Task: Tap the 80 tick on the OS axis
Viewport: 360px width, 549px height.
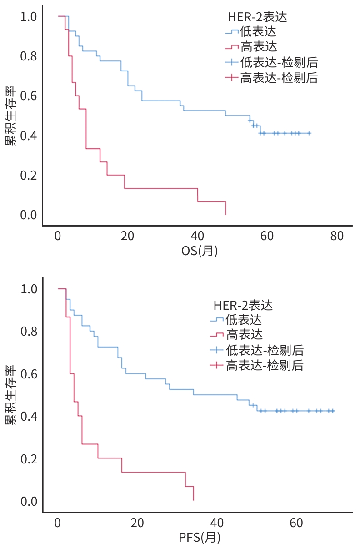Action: pyautogui.click(x=337, y=237)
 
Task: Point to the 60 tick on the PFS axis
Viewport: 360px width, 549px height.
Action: pyautogui.click(x=296, y=523)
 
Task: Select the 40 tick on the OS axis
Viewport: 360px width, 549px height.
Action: pyautogui.click(x=197, y=237)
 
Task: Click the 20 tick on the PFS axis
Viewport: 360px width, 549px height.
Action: pyautogui.click(x=137, y=523)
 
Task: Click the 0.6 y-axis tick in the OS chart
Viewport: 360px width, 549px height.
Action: pyautogui.click(x=28, y=96)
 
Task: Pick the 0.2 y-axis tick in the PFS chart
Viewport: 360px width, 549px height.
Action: pyautogui.click(x=28, y=459)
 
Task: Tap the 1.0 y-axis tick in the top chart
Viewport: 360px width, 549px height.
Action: pyautogui.click(x=28, y=17)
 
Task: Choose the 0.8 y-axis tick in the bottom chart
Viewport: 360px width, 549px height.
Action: pyautogui.click(x=28, y=332)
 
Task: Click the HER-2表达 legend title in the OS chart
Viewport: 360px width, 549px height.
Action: pyautogui.click(x=257, y=17)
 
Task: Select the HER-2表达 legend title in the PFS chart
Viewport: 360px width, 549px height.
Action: pyautogui.click(x=243, y=305)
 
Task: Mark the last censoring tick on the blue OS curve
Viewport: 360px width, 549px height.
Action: pyautogui.click(x=309, y=133)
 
